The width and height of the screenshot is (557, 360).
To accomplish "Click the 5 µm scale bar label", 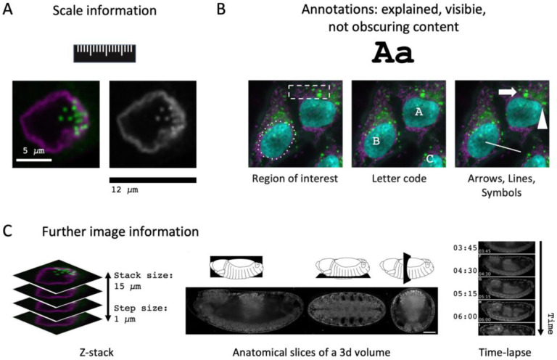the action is click(33, 150).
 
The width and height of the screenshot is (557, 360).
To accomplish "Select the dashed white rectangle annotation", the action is click(309, 91).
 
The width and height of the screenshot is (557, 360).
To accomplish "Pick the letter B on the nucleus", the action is click(376, 141).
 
